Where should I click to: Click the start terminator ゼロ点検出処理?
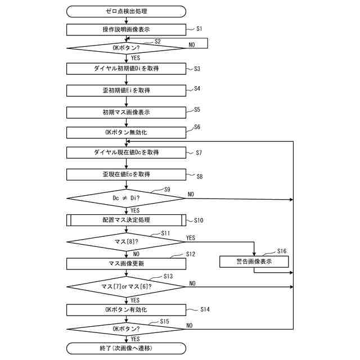126,11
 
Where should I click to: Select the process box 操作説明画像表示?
126,30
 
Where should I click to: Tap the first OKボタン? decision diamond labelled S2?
126,48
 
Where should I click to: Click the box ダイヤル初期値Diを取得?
126,69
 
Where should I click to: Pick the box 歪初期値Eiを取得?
126,91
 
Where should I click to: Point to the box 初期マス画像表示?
126,112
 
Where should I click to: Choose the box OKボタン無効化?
126,133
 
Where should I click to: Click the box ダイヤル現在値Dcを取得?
126,152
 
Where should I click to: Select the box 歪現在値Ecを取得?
126,174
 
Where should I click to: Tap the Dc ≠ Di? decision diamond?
126,199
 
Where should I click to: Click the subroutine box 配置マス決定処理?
126,220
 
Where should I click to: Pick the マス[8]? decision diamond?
126,242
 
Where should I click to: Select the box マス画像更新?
126,264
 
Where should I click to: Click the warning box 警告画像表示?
254,262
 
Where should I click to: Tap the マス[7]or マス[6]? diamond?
126,287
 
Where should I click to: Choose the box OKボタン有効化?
126,310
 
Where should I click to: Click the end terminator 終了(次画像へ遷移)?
126,349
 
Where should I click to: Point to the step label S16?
282,251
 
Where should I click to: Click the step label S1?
199,29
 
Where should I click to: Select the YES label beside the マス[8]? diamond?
191,238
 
